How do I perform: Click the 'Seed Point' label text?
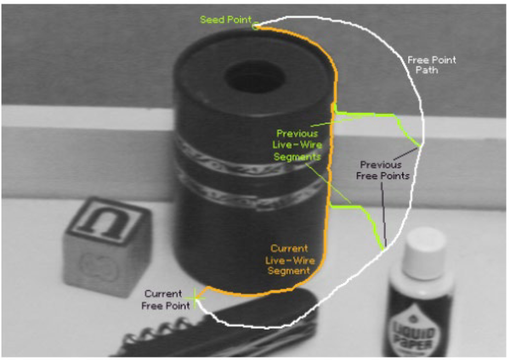[x=225, y=20]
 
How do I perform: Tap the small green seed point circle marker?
[x=254, y=25]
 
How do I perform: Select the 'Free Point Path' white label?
[x=432, y=65]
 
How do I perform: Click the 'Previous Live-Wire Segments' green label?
[x=297, y=145]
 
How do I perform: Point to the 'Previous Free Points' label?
[x=383, y=170]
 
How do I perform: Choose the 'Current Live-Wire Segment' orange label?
[x=289, y=260]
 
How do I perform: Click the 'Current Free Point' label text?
[x=166, y=300]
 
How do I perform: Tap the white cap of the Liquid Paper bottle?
[x=426, y=252]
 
